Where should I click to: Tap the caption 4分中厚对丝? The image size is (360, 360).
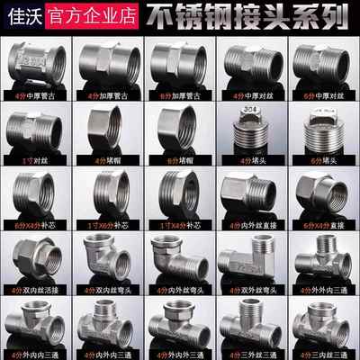coord(249,94)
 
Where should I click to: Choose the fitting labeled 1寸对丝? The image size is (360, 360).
coord(35,130)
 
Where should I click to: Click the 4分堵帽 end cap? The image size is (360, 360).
coord(106,130)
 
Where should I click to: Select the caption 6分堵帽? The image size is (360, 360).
coord(177,159)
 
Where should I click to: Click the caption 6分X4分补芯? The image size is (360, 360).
coord(35,224)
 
